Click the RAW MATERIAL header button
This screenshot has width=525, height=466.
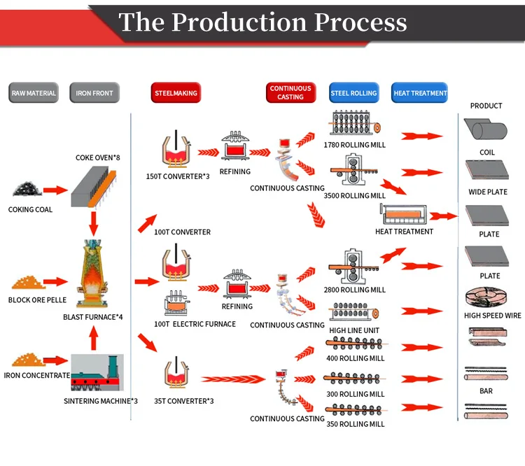point(34,93)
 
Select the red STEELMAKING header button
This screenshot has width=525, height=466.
point(175,93)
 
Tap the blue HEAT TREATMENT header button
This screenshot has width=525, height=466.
point(420,93)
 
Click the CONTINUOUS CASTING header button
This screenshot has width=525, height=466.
point(290,93)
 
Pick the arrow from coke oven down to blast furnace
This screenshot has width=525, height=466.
point(94,223)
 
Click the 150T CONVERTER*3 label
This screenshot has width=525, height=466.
point(178,176)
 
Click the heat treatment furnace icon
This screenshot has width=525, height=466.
point(404,214)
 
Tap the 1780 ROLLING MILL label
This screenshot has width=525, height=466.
point(354,146)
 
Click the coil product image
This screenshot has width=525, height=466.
point(486,130)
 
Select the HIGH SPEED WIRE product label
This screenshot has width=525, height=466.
point(492,316)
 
